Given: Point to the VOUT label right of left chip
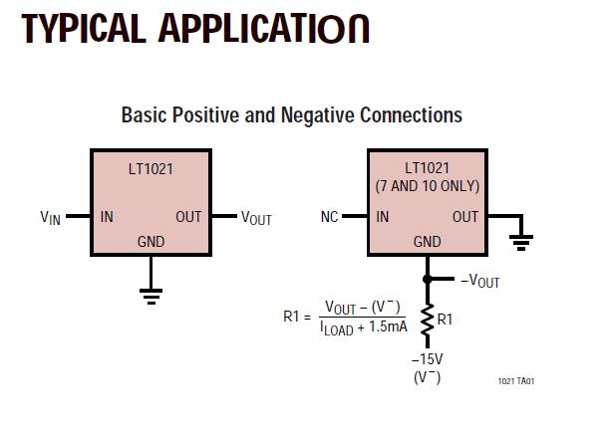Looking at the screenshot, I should tap(256, 218).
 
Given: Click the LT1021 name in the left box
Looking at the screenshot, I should tap(151, 169).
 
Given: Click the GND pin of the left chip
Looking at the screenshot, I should tap(151, 242).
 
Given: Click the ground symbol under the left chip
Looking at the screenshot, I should tap(151, 294).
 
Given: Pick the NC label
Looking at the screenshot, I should tap(330, 217).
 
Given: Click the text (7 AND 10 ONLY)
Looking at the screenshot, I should tap(427, 186).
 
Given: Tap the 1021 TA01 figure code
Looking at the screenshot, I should tap(522, 381).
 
